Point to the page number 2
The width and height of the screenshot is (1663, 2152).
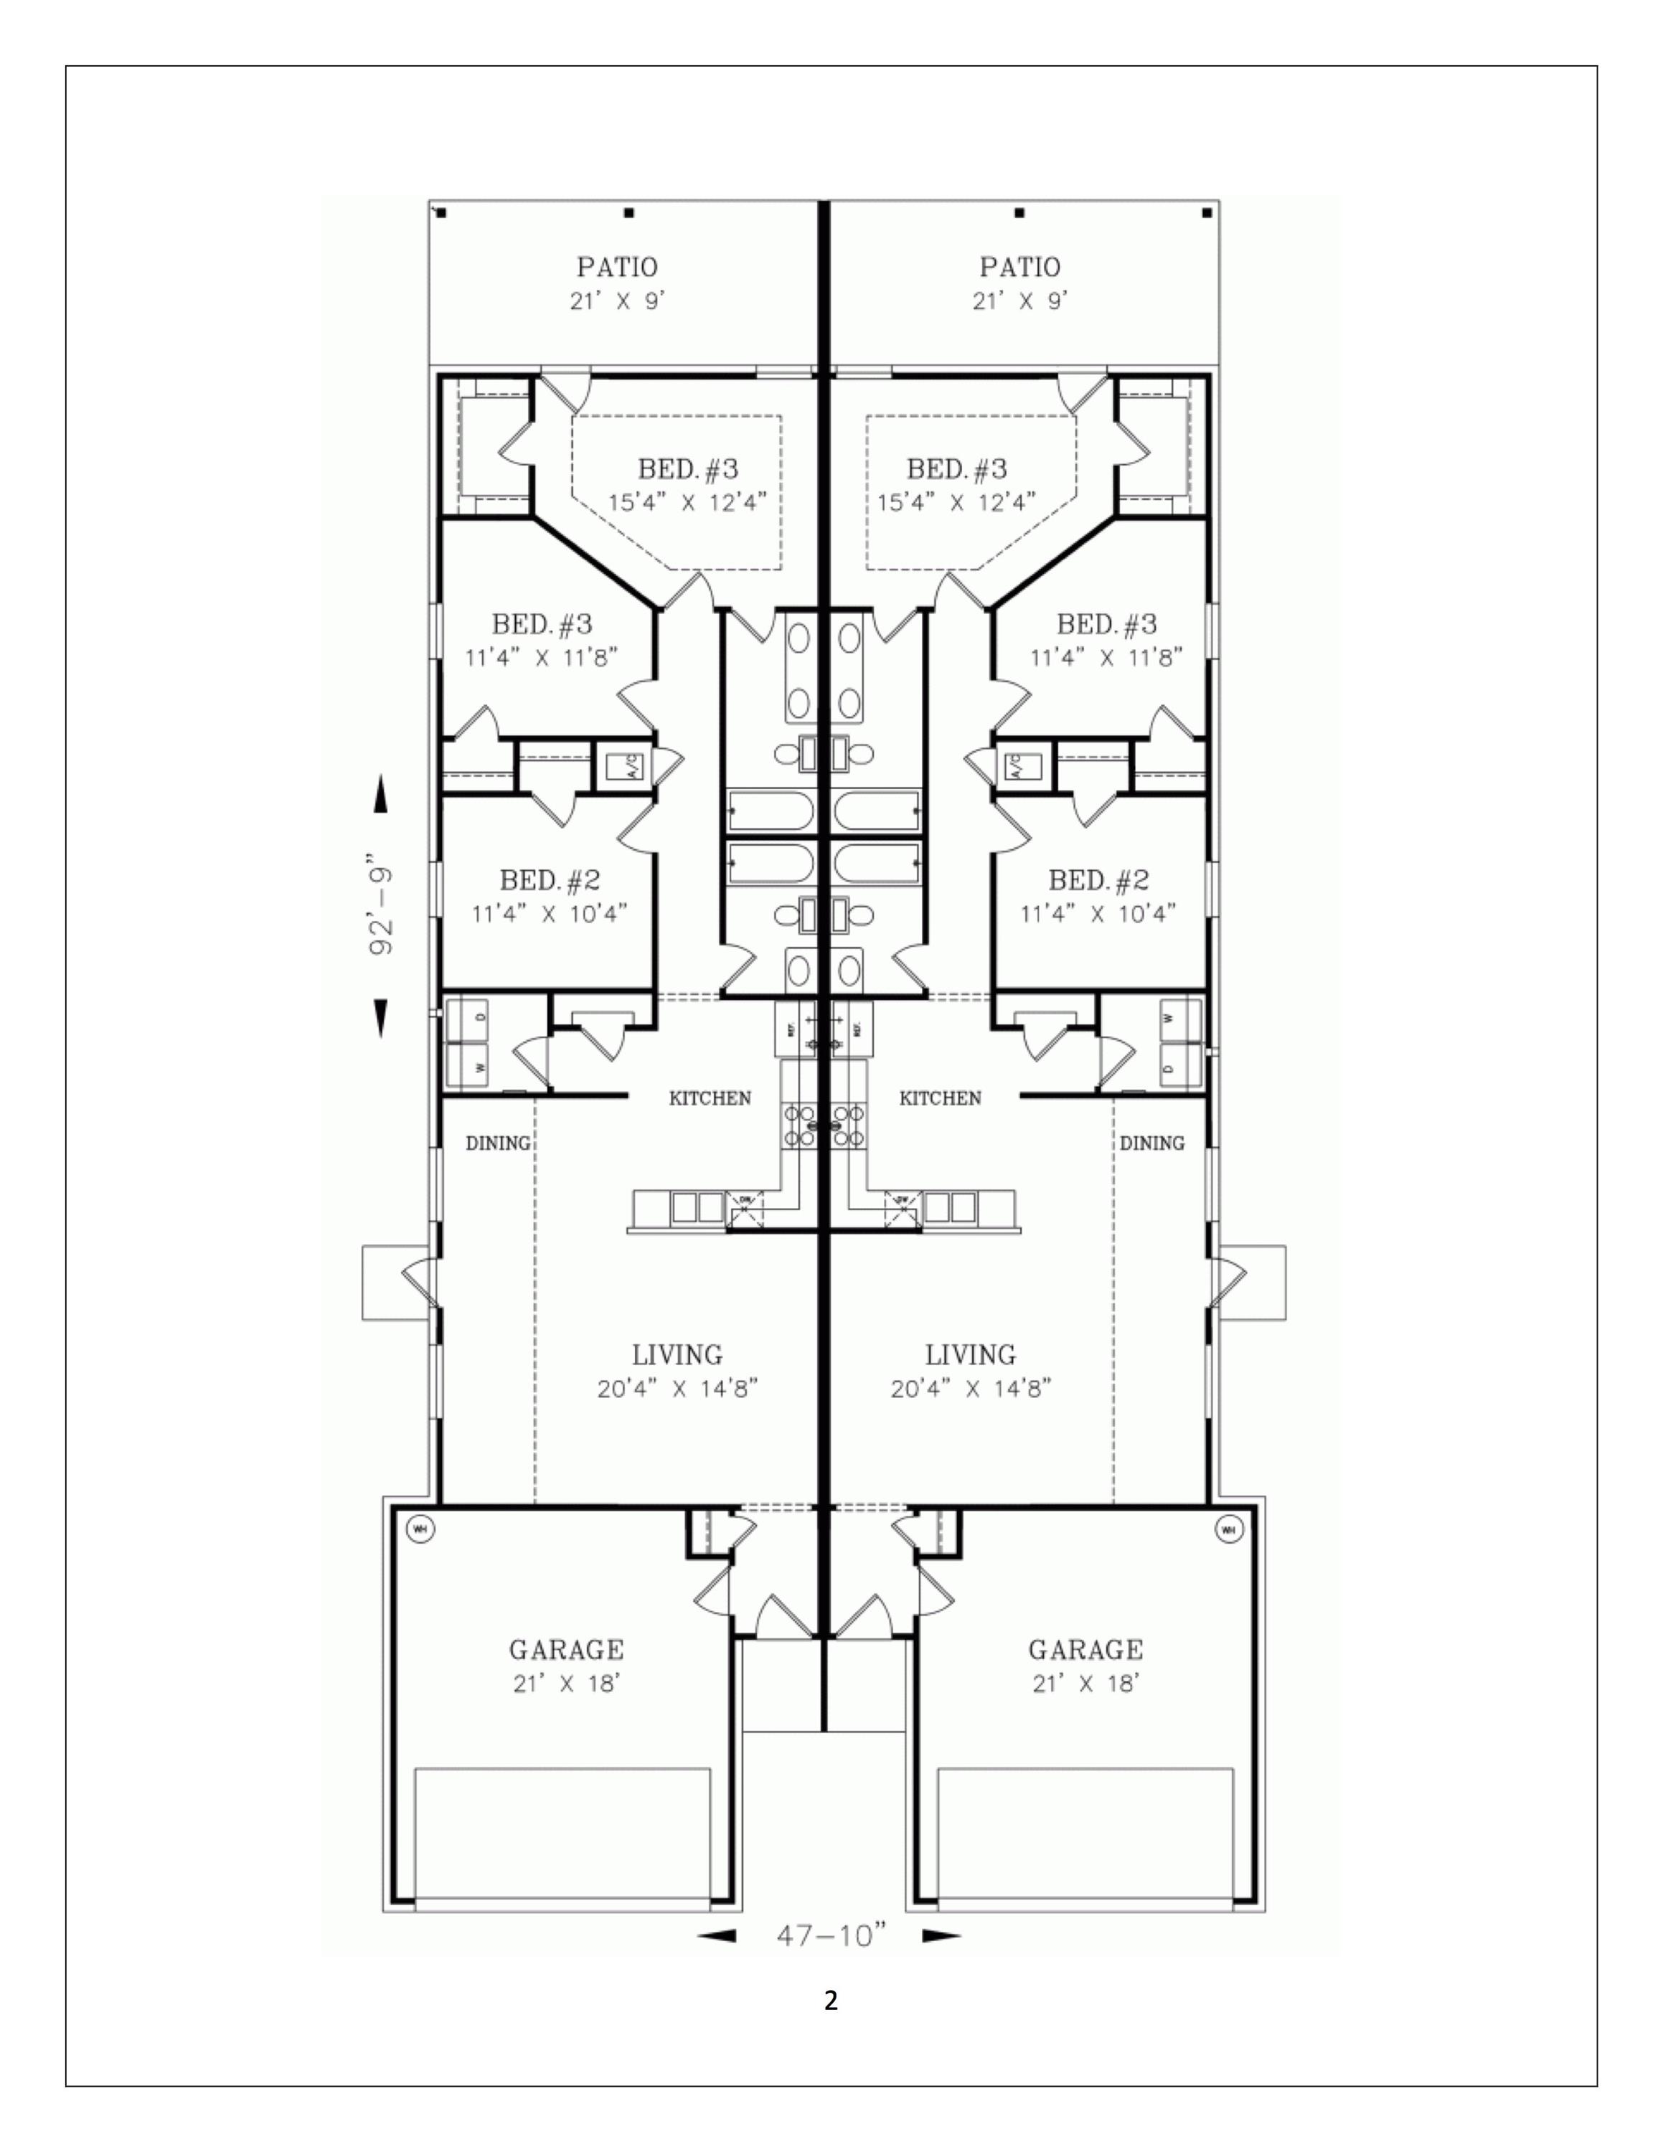pos(831,2001)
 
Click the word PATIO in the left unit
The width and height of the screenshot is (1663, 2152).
pos(617,267)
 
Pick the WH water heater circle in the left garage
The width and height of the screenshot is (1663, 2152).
pos(420,1529)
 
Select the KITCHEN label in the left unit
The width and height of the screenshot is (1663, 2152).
pos(710,1098)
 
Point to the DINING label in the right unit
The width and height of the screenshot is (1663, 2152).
pos(1151,1143)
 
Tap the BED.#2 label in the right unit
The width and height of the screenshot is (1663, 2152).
pos(1098,880)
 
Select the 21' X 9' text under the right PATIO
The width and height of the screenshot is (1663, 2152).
pos(1019,301)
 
